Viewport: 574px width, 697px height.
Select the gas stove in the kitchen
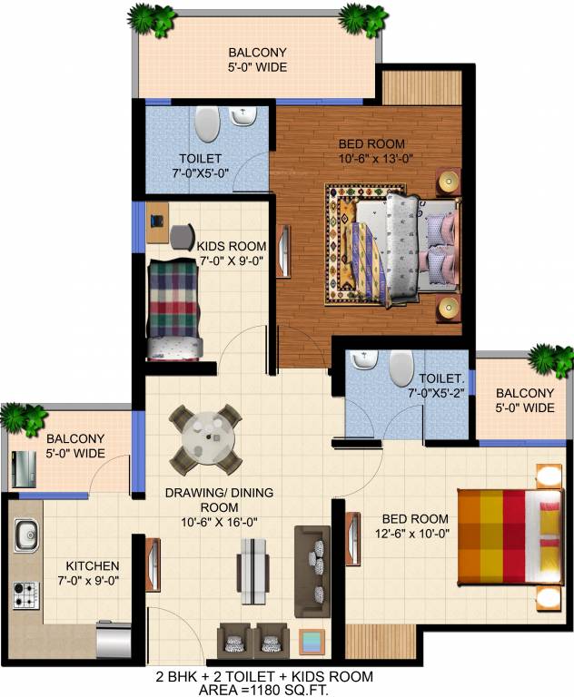tap(23, 594)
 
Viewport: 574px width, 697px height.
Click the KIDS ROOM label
tap(232, 246)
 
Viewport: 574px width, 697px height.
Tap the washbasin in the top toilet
tap(243, 116)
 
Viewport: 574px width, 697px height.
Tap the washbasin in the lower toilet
tap(364, 361)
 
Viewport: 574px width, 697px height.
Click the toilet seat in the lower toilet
tap(400, 368)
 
